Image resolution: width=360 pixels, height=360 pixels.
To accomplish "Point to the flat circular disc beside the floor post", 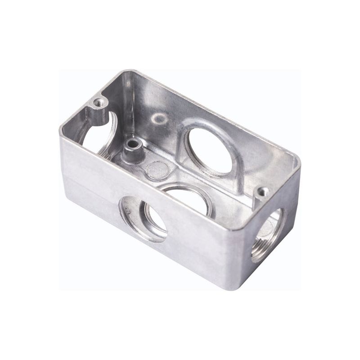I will [158, 170].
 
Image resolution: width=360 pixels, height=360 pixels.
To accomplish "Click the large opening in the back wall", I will [208, 150].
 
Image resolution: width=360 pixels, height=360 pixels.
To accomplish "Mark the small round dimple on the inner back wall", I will [158, 118].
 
